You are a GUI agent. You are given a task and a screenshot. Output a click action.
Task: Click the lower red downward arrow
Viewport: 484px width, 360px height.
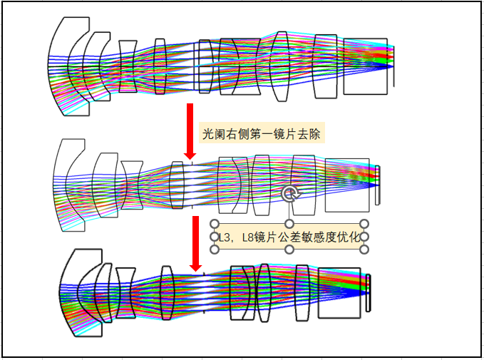(x=193, y=243)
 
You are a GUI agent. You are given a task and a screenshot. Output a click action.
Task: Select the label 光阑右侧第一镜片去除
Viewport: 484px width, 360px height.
(x=262, y=133)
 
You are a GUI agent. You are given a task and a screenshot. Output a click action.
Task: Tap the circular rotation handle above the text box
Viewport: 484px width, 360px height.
(x=289, y=194)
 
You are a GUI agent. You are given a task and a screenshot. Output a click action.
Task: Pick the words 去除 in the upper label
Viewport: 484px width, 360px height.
(x=311, y=133)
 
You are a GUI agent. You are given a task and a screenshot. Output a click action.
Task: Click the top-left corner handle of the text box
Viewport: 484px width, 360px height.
(x=215, y=224)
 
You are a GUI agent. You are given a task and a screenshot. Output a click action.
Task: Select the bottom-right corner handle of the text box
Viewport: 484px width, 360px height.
(x=364, y=250)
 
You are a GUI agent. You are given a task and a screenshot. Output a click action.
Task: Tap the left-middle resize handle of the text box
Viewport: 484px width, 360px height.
(x=215, y=237)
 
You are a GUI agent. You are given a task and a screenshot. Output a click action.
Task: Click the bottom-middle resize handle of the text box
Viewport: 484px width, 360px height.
(x=289, y=250)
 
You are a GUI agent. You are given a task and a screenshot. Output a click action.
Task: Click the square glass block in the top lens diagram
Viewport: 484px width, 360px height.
(x=365, y=66)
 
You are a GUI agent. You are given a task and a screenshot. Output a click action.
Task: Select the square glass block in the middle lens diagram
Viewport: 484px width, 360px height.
(x=347, y=185)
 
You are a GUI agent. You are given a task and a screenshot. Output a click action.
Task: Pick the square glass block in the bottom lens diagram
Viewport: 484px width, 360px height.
(x=339, y=292)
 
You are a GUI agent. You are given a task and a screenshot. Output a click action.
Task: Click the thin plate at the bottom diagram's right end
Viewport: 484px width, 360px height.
(x=368, y=293)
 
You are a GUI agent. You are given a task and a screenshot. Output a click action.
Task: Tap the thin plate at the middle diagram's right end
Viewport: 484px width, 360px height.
(x=377, y=184)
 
